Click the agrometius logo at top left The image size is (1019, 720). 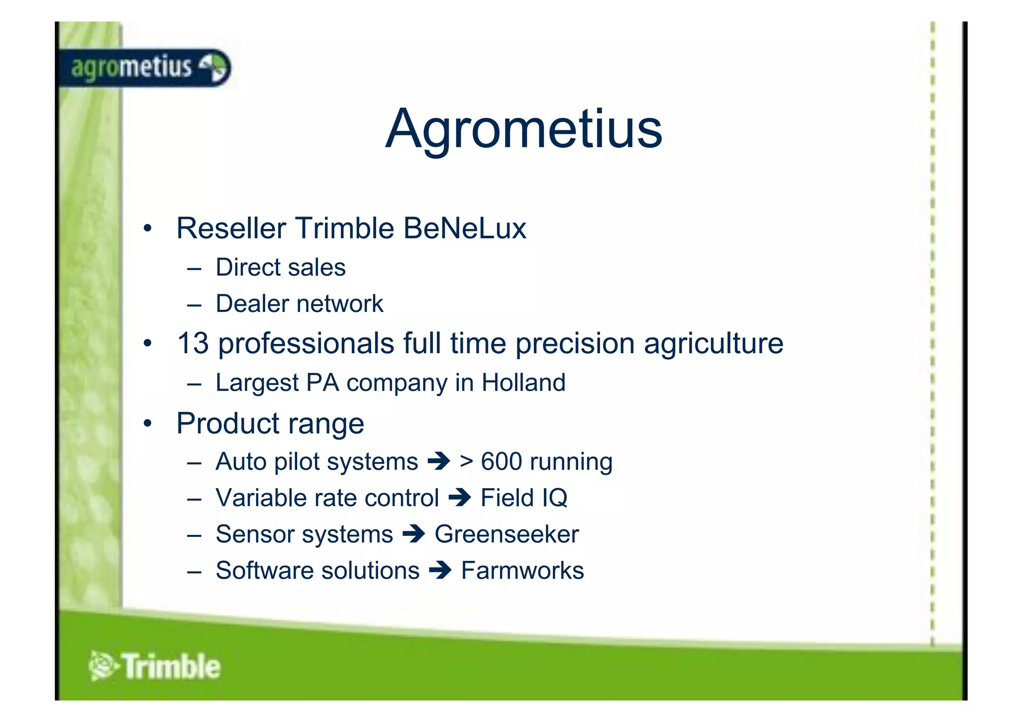tap(144, 68)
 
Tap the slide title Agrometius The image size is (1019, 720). tap(523, 129)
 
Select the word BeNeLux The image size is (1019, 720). tap(464, 228)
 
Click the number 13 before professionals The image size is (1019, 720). tap(193, 343)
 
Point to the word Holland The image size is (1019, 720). tap(523, 383)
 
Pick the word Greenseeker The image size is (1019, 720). tap(507, 534)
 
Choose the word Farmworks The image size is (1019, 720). tap(522, 571)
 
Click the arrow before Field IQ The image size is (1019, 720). tap(459, 498)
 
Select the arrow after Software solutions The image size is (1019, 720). tap(440, 571)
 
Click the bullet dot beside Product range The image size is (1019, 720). tap(147, 424)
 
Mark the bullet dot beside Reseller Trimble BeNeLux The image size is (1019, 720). tap(147, 229)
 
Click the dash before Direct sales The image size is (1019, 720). tap(194, 269)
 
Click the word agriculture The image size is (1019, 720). tap(713, 343)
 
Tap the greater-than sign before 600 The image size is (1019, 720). tap(466, 462)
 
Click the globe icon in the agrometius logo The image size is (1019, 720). tap(214, 68)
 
